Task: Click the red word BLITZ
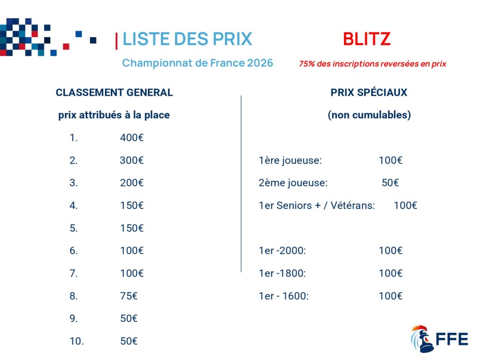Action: click(367, 39)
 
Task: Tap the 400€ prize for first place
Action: click(132, 137)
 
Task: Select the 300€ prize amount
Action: click(132, 160)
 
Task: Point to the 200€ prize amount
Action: click(132, 183)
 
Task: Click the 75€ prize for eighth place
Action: click(129, 296)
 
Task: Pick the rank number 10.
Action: click(76, 341)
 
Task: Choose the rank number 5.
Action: click(74, 228)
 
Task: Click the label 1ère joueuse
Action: click(290, 160)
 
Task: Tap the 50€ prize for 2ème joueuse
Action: click(390, 183)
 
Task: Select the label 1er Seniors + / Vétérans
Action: click(317, 205)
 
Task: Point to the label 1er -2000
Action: click(282, 251)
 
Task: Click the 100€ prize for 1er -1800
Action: click(390, 273)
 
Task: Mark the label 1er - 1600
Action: click(284, 296)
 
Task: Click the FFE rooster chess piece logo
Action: click(422, 339)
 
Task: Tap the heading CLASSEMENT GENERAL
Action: click(114, 92)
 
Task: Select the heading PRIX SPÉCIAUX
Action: click(369, 92)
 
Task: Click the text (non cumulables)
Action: click(369, 115)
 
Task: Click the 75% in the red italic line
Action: click(307, 64)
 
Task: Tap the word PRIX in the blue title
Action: click(232, 39)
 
